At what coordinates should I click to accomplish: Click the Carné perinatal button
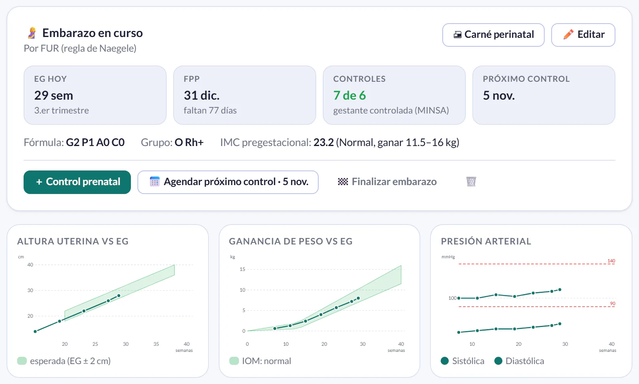click(x=493, y=35)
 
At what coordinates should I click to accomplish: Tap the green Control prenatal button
click(x=77, y=182)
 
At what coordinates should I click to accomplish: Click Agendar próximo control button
click(x=228, y=182)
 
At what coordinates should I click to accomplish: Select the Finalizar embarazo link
click(x=387, y=181)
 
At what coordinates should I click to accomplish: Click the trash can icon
click(x=471, y=181)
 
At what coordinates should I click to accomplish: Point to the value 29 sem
click(x=54, y=95)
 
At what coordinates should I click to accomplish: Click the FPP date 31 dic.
click(x=201, y=95)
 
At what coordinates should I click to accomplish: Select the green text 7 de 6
click(x=350, y=95)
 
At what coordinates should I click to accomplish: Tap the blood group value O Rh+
click(x=189, y=142)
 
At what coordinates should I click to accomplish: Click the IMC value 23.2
click(x=324, y=142)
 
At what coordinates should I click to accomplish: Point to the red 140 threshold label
click(x=611, y=261)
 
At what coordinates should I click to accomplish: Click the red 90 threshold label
click(x=613, y=303)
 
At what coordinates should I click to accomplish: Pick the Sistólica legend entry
click(x=463, y=361)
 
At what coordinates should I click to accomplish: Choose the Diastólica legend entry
click(x=519, y=361)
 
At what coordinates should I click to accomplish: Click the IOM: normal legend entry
click(x=260, y=361)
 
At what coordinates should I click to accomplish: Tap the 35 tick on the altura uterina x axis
click(x=156, y=344)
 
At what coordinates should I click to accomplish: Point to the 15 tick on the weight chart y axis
click(x=243, y=269)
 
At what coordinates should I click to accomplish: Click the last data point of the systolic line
click(x=560, y=290)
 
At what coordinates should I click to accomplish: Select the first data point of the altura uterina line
click(x=35, y=332)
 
